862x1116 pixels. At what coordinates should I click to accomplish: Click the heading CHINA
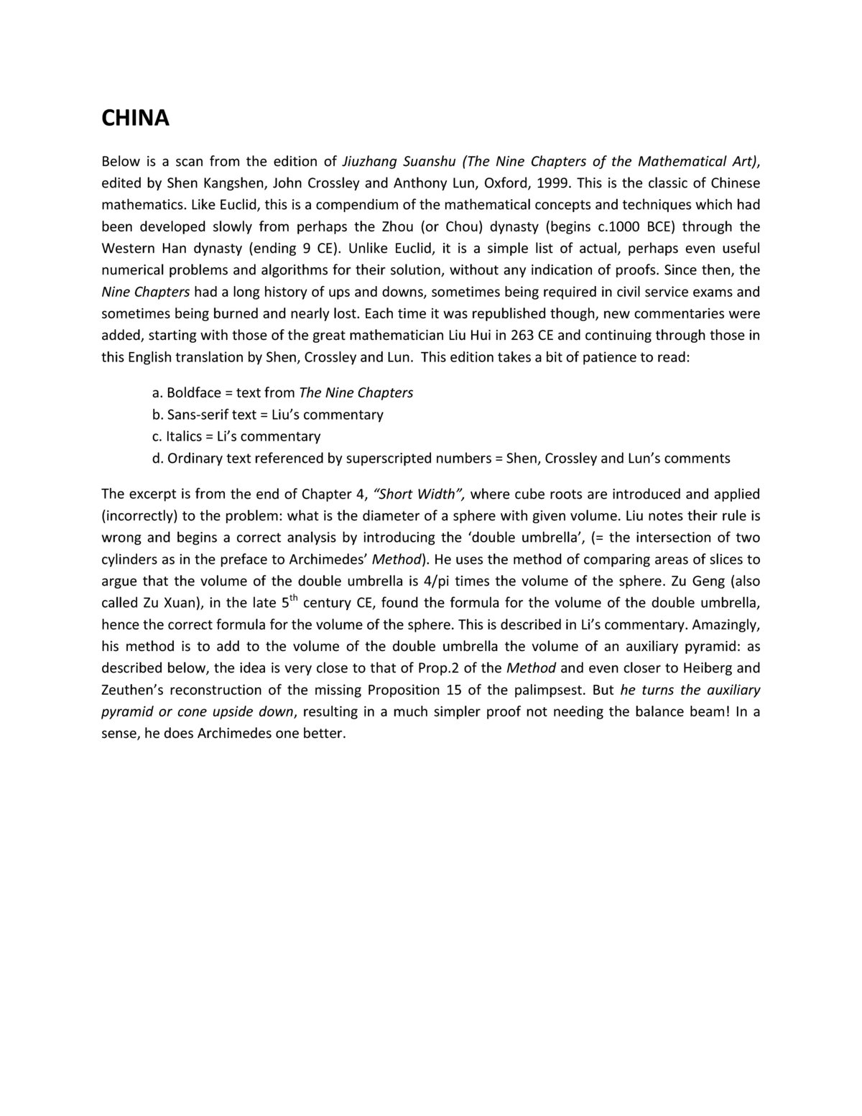pyautogui.click(x=135, y=119)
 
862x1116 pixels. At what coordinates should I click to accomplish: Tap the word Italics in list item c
pyautogui.click(x=184, y=436)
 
